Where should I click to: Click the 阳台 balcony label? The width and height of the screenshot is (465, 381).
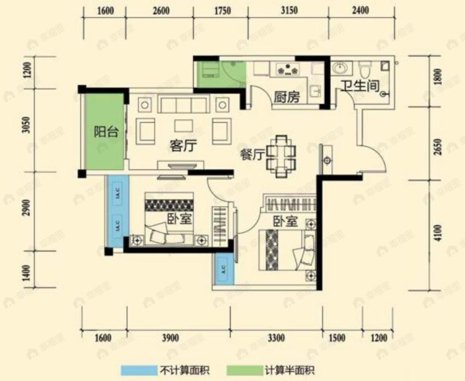[105, 132]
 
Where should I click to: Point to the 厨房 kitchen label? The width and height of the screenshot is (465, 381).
[287, 97]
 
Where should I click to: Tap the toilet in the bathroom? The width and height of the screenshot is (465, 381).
[363, 70]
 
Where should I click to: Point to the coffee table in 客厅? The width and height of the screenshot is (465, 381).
[183, 125]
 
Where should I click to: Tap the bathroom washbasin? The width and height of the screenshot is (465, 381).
[340, 69]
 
